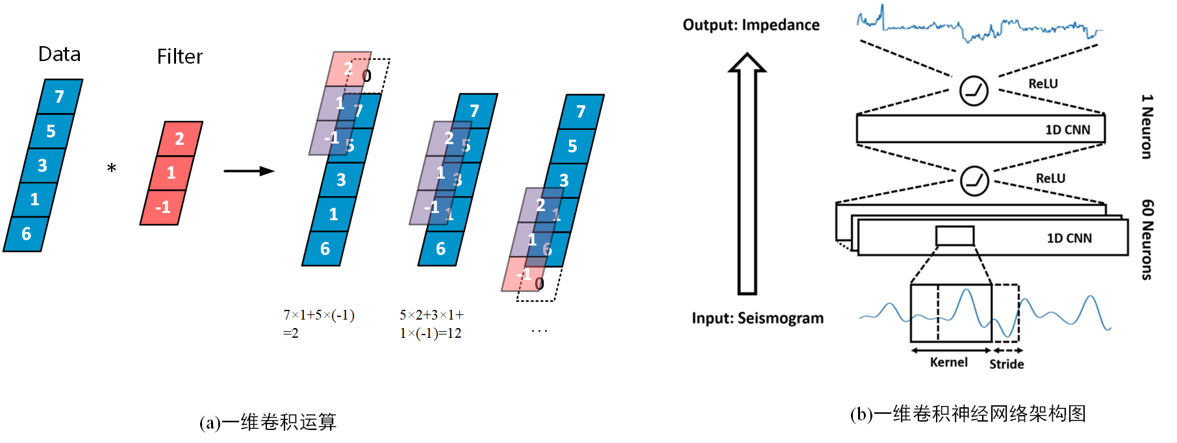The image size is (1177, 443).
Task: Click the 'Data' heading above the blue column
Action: [x=59, y=54]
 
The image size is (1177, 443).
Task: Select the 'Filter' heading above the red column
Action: [x=179, y=57]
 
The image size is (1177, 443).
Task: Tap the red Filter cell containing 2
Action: [x=180, y=138]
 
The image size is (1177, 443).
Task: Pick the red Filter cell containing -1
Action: [x=163, y=207]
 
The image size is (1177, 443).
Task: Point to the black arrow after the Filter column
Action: [x=249, y=171]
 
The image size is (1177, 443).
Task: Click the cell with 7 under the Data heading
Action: [x=60, y=97]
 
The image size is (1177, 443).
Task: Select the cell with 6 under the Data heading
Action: [x=27, y=234]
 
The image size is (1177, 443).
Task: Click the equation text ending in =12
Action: [x=431, y=324]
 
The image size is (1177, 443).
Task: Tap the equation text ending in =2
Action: [x=318, y=324]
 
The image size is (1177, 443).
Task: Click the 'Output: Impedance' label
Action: [x=751, y=25]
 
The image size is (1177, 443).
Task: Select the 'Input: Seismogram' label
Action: [x=757, y=318]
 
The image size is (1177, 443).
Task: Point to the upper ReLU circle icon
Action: [x=974, y=90]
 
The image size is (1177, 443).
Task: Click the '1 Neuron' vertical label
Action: [x=1147, y=127]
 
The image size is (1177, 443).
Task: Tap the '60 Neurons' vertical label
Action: [x=1147, y=240]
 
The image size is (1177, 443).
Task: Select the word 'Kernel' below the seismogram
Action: [x=948, y=362]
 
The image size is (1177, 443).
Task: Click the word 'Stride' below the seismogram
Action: [x=1006, y=364]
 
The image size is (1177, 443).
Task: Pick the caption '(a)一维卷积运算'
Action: [x=268, y=423]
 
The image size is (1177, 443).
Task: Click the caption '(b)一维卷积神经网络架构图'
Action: [x=968, y=414]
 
